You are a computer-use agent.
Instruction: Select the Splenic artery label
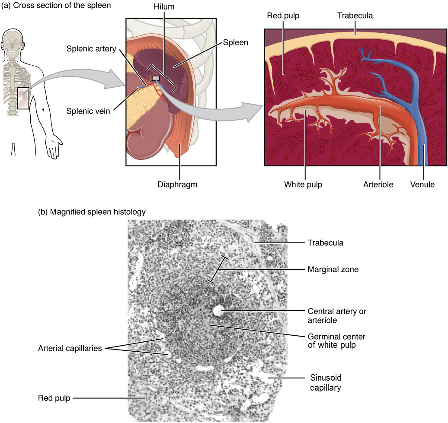tap(91, 49)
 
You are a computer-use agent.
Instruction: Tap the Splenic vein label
tap(88, 111)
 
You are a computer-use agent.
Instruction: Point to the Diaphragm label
tap(177, 184)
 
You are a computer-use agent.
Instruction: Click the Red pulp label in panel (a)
tap(283, 16)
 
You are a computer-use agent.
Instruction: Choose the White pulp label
tap(303, 184)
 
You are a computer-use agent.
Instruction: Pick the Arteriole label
tap(378, 184)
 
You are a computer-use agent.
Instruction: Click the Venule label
tap(422, 184)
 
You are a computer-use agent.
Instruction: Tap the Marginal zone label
tap(333, 270)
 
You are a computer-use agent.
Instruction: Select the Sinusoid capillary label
tap(326, 382)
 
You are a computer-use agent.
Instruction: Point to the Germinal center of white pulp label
tap(336, 341)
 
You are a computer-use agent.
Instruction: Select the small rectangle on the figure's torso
tap(23, 98)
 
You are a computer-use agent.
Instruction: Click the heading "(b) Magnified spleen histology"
tap(92, 212)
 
